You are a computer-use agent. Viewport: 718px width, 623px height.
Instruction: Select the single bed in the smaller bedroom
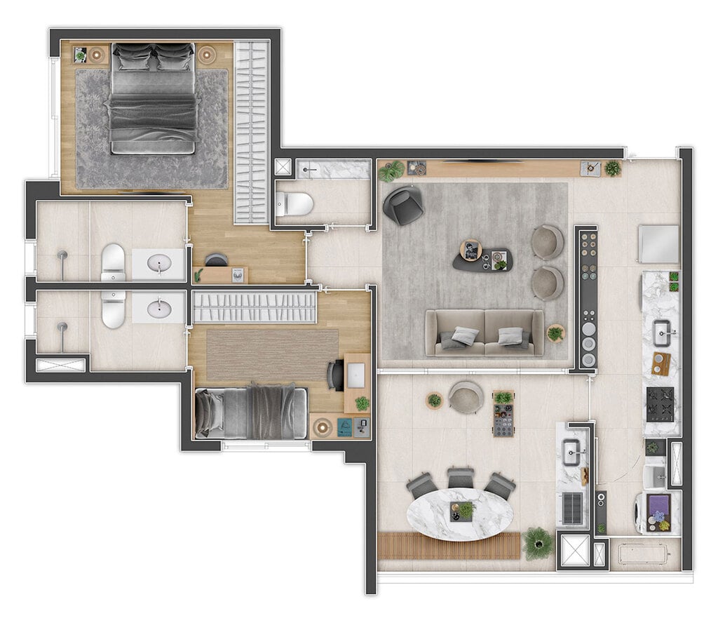click(251, 412)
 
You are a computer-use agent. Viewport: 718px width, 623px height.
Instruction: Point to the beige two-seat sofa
click(484, 333)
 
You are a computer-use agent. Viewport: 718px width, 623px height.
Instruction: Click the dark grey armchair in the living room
click(403, 205)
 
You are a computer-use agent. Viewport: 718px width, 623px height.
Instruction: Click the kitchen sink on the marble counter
click(661, 333)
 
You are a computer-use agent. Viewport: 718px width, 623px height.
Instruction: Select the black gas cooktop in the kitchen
click(660, 403)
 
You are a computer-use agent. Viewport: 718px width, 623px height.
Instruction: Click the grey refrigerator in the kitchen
click(658, 244)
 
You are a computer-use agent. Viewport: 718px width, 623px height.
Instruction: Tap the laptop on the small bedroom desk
click(355, 374)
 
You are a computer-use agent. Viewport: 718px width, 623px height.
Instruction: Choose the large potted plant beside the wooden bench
click(538, 542)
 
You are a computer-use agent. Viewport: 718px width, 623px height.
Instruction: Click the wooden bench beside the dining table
click(449, 546)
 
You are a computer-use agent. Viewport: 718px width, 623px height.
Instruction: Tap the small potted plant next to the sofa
click(555, 333)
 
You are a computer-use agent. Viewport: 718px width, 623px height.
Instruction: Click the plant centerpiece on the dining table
click(464, 510)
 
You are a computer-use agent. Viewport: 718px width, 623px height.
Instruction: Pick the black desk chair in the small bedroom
click(336, 374)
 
